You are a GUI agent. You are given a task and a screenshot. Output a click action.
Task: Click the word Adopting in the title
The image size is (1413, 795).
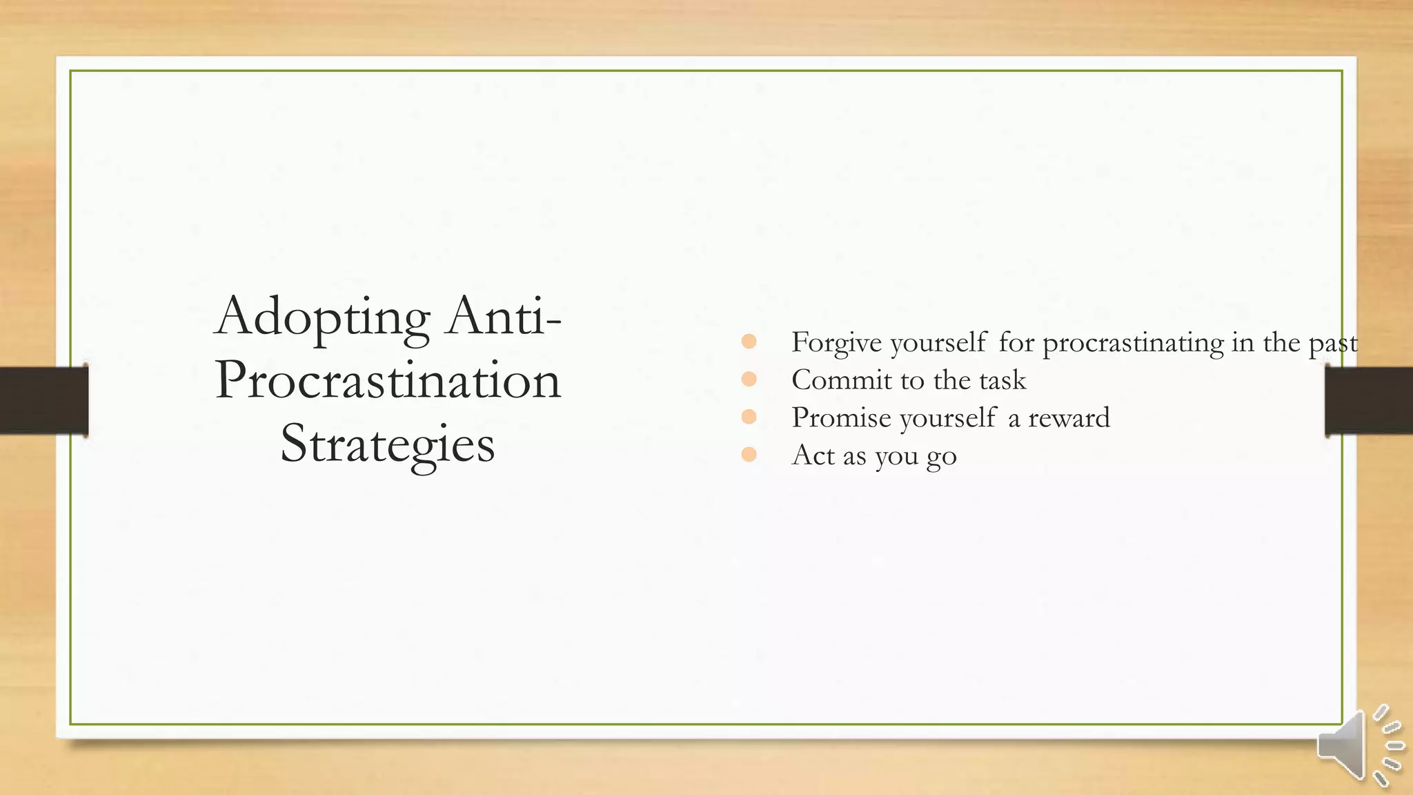322,317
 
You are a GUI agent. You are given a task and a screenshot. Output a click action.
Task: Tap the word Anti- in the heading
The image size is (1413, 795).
504,316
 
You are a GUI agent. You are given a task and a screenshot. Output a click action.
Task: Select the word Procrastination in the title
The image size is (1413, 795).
388,380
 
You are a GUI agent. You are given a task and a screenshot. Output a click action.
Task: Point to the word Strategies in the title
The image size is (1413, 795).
388,444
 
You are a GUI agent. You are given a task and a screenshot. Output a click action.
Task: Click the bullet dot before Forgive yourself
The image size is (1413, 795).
749,342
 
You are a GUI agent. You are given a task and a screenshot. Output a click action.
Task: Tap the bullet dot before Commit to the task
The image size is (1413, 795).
749,379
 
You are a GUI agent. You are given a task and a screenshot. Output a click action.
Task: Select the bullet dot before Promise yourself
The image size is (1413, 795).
749,417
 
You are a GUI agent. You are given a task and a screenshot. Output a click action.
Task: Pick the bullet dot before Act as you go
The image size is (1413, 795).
749,454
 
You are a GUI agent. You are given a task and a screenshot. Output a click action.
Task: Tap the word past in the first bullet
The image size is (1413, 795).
1333,343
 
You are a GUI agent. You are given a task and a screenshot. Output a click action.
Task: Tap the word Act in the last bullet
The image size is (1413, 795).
813,455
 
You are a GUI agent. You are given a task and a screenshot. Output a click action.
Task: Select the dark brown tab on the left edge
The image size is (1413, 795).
43,400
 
